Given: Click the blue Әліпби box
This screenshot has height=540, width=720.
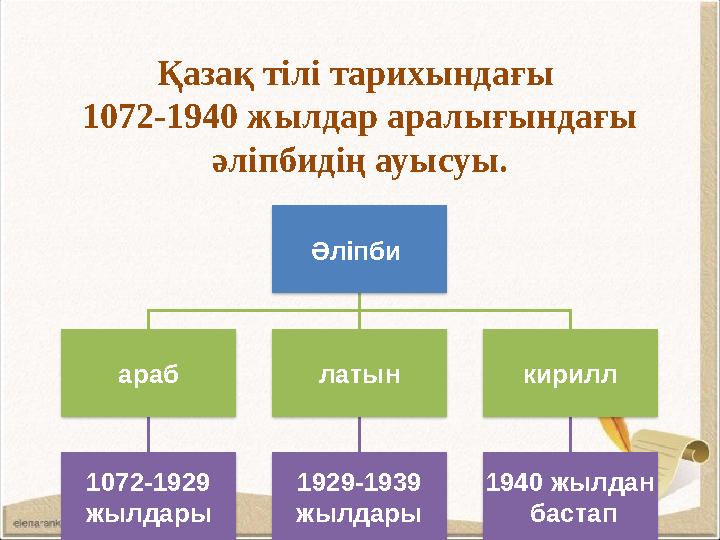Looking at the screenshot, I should point(360,249).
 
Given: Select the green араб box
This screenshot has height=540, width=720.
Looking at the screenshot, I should point(149,373).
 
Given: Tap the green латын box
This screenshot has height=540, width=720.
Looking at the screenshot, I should point(360,373).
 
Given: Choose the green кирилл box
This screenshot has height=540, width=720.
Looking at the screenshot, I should point(571,373).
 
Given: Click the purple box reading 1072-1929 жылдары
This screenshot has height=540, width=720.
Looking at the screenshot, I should point(149,496).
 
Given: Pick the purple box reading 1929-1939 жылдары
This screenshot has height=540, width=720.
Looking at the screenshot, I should point(360,496).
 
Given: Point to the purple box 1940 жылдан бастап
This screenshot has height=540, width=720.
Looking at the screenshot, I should point(571,496).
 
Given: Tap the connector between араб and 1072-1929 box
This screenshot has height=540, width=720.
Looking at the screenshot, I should point(149,434).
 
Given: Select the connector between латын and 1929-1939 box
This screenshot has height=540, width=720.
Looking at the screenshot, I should point(360,434).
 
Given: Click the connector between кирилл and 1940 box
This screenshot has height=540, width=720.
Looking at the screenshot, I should point(571,434).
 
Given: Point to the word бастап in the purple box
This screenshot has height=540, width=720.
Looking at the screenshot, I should point(571,513).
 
